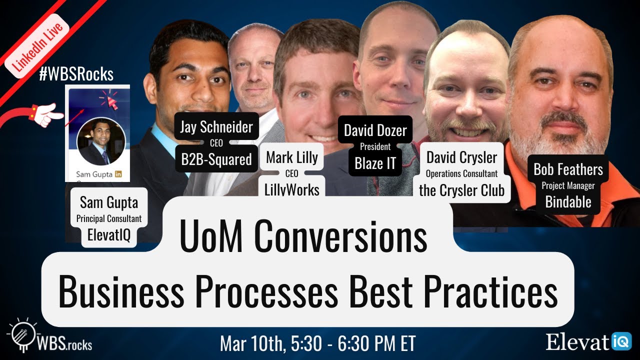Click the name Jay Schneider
click(x=216, y=127)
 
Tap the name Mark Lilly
click(x=292, y=157)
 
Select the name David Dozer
click(x=375, y=131)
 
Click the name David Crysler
click(x=461, y=157)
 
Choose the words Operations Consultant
click(x=461, y=174)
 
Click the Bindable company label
click(x=568, y=201)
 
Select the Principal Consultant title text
click(x=109, y=218)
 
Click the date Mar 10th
click(x=250, y=344)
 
